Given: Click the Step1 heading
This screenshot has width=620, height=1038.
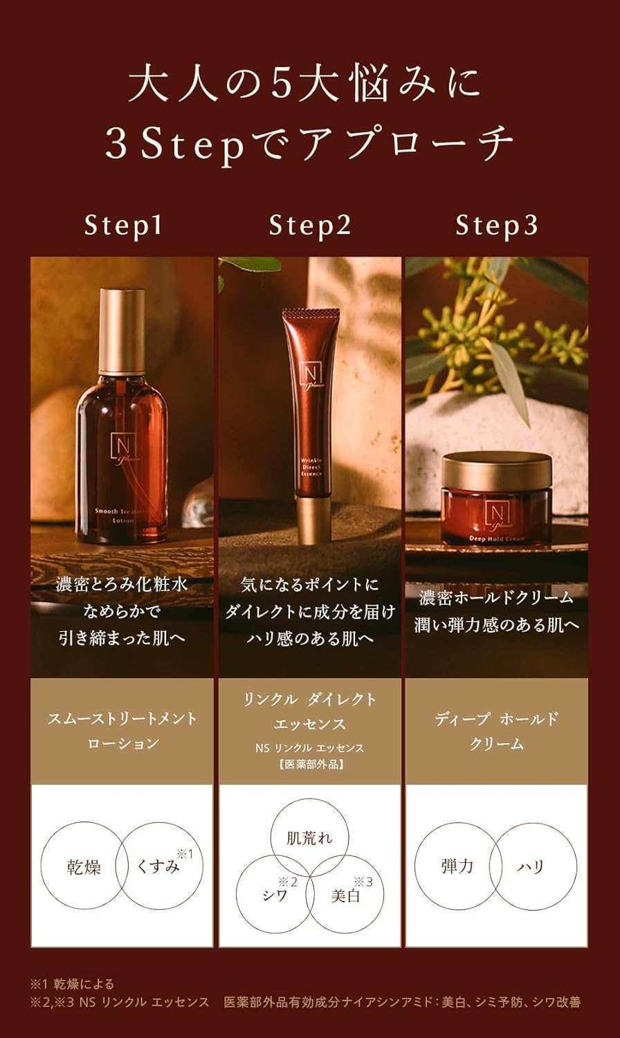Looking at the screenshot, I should [x=123, y=226].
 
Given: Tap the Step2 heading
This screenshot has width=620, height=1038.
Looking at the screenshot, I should [x=310, y=226].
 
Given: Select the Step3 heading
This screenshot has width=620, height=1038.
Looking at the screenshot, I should [x=496, y=226].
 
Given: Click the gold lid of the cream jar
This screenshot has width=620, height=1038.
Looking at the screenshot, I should [x=496, y=470].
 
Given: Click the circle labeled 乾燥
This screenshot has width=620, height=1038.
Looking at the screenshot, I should [x=84, y=866].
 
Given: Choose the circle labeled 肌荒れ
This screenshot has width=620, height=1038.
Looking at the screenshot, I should [x=309, y=838].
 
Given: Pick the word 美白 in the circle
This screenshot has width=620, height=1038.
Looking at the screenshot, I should [x=345, y=895].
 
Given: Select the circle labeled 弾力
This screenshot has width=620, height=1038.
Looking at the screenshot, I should [x=457, y=866].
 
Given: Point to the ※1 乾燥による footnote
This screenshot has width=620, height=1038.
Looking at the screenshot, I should [x=72, y=984].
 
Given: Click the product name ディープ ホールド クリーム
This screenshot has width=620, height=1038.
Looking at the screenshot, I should [x=496, y=731].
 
